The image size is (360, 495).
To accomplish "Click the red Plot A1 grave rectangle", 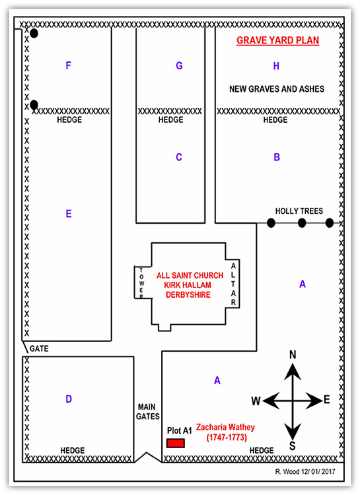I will pos(175,444).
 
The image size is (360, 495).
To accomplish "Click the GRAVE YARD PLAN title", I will pos(278,41).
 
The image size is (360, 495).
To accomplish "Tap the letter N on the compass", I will pos(293,355).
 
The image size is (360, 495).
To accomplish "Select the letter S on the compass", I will pos(293,446).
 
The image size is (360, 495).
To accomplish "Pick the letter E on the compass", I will pos(326,401).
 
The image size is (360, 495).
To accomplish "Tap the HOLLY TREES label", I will pos(299,211).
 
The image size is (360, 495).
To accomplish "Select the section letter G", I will pos(179,65).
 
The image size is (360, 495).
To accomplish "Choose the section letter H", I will pos(276,65).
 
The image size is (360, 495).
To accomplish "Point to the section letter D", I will pos(68,399).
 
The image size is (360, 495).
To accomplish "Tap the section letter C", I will pos(178,157).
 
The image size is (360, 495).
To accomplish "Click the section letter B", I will pos(277,157).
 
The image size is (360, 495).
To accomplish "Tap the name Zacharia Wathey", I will pos(227,428).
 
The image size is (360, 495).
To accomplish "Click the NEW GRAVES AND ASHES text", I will pos(276,88).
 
